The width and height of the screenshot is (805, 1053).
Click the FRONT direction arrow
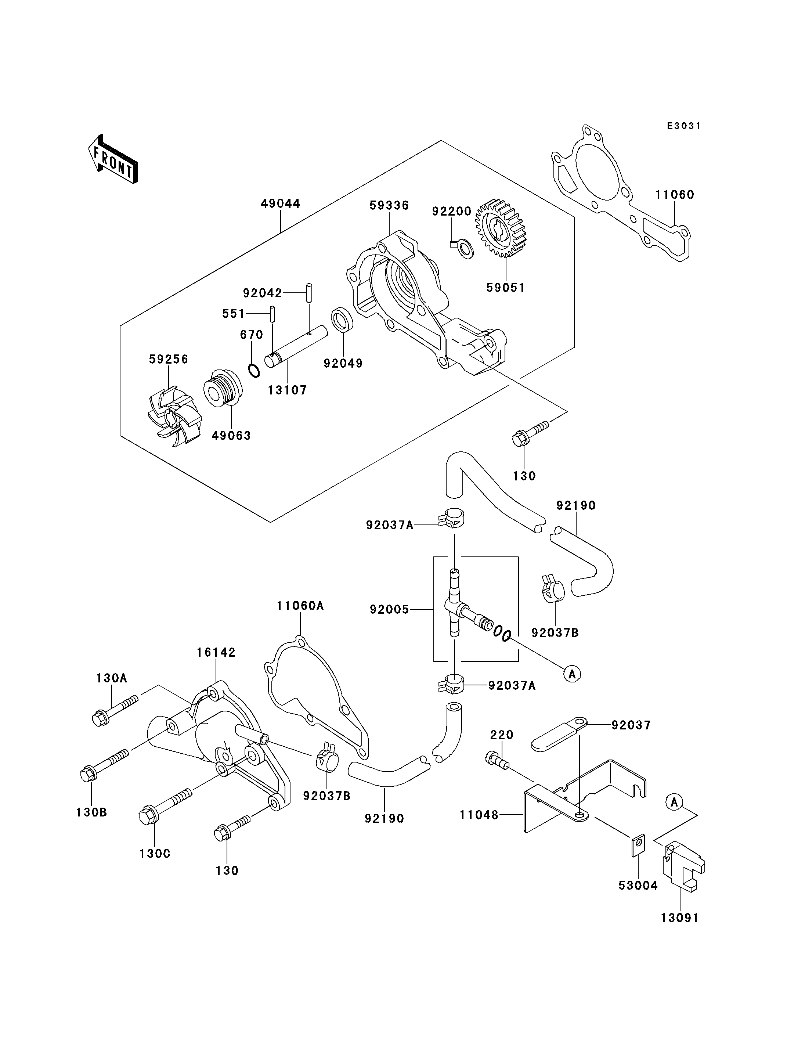(113, 159)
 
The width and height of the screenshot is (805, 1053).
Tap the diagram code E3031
(684, 126)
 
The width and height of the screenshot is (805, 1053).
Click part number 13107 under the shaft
(287, 390)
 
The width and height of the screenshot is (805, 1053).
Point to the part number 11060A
(300, 606)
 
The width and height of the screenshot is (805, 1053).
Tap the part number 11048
(479, 814)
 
